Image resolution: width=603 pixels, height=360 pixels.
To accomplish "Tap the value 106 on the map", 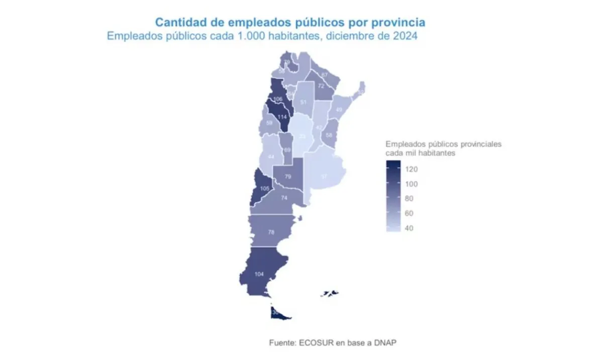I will pyautogui.click(x=278, y=100).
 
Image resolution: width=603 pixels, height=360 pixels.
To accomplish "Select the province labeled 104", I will pyautogui.click(x=259, y=274).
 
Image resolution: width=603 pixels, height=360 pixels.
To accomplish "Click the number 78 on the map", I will pyautogui.click(x=271, y=232).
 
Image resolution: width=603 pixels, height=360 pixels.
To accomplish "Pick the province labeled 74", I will pyautogui.click(x=284, y=198).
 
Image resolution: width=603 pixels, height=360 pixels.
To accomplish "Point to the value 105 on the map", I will pyautogui.click(x=265, y=189).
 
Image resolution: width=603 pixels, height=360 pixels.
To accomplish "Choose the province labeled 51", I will pyautogui.click(x=304, y=103).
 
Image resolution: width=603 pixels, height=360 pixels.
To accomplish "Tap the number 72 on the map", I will pyautogui.click(x=321, y=86).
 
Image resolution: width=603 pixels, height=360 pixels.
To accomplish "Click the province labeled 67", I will pyautogui.click(x=325, y=75).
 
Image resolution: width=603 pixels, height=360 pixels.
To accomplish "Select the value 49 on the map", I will pyautogui.click(x=339, y=110).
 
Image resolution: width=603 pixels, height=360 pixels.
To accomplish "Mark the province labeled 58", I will pyautogui.click(x=329, y=135).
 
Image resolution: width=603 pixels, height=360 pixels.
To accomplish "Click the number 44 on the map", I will pyautogui.click(x=271, y=157).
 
